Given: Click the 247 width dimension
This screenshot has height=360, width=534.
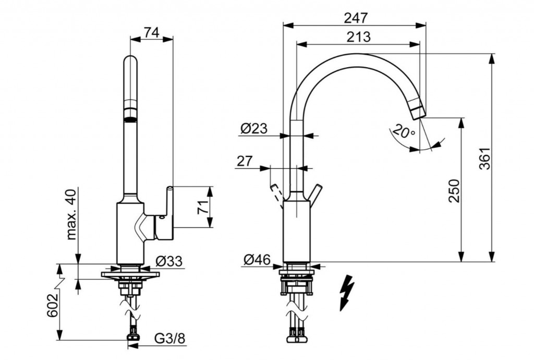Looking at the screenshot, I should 356,18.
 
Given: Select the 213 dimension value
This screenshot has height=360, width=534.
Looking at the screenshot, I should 358,37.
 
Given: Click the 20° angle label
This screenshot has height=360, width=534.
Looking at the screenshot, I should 404,131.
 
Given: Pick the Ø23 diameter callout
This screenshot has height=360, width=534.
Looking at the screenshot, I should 254,128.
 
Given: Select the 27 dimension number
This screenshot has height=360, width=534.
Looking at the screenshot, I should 244,161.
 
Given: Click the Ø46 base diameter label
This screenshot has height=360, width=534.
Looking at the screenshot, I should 256,259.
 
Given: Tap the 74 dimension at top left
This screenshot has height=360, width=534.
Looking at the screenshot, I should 151,32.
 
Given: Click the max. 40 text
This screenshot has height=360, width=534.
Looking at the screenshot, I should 71,214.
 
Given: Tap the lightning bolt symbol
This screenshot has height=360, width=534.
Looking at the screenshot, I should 346,293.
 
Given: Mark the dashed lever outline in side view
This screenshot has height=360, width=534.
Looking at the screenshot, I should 276,196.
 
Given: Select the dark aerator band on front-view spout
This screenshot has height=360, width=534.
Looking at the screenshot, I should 131,115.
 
